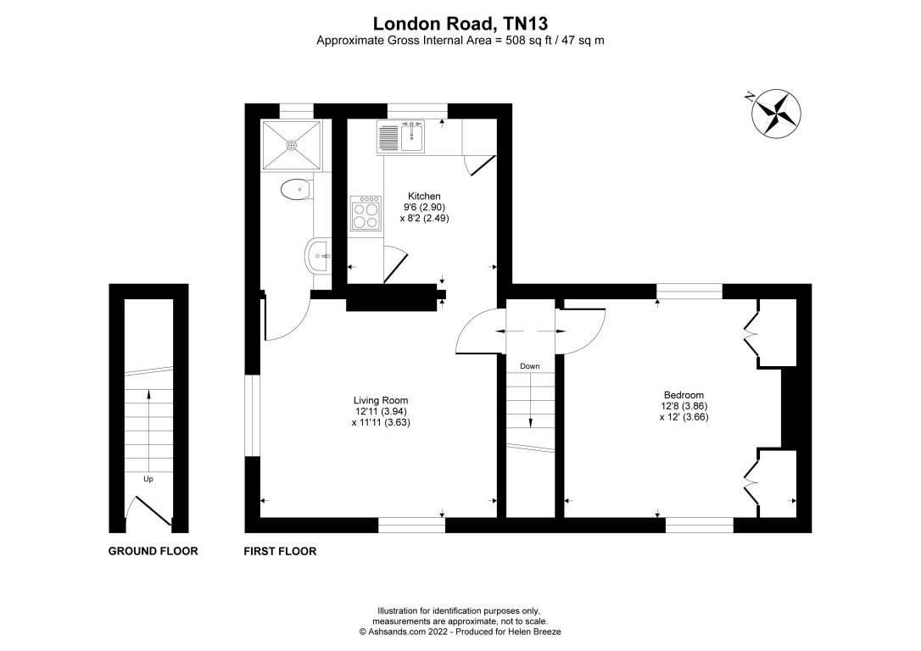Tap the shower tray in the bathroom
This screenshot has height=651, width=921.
point(293,145)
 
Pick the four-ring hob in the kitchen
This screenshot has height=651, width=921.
point(366,214)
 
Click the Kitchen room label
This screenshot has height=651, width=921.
point(424,197)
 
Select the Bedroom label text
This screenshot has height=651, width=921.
point(684,394)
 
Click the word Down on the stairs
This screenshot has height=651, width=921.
point(530,366)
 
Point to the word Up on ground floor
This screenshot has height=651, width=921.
point(148,479)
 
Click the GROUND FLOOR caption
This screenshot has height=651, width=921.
point(153,551)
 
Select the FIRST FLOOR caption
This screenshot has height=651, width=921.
point(280,551)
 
